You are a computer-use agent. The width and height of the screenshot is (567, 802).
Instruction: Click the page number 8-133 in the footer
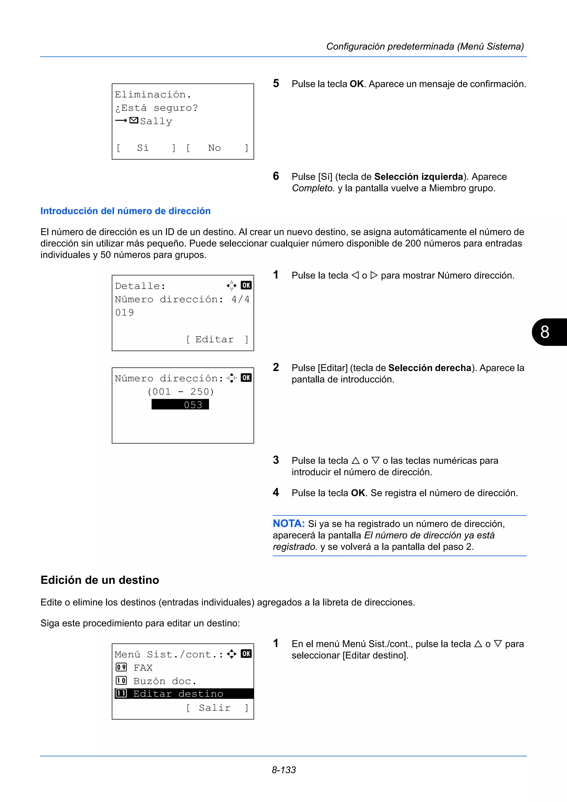(284, 770)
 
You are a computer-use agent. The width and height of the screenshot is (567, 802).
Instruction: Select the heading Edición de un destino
(100, 580)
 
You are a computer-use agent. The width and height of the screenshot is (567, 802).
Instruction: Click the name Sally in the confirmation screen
(156, 121)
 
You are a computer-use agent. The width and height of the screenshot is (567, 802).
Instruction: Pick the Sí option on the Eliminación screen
(143, 148)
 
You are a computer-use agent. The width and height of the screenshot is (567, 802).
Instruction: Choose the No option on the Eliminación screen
(215, 148)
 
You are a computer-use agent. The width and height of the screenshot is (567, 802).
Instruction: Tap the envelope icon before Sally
(134, 120)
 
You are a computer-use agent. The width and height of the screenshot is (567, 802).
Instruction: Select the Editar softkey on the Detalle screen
(215, 339)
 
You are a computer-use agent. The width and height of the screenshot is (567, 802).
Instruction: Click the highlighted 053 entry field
(180, 405)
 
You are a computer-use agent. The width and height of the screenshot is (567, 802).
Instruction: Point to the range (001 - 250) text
(180, 392)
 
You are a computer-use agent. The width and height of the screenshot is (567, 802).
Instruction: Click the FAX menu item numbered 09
(143, 668)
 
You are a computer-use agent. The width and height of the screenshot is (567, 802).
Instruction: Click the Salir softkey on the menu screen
(215, 708)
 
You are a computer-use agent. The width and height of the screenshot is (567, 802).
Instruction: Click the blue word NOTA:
(288, 523)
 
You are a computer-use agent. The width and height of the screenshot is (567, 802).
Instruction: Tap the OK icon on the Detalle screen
(246, 285)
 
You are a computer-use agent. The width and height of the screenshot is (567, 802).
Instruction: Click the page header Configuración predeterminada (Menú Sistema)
(425, 46)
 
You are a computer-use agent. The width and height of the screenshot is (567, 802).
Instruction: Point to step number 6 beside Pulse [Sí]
(276, 176)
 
